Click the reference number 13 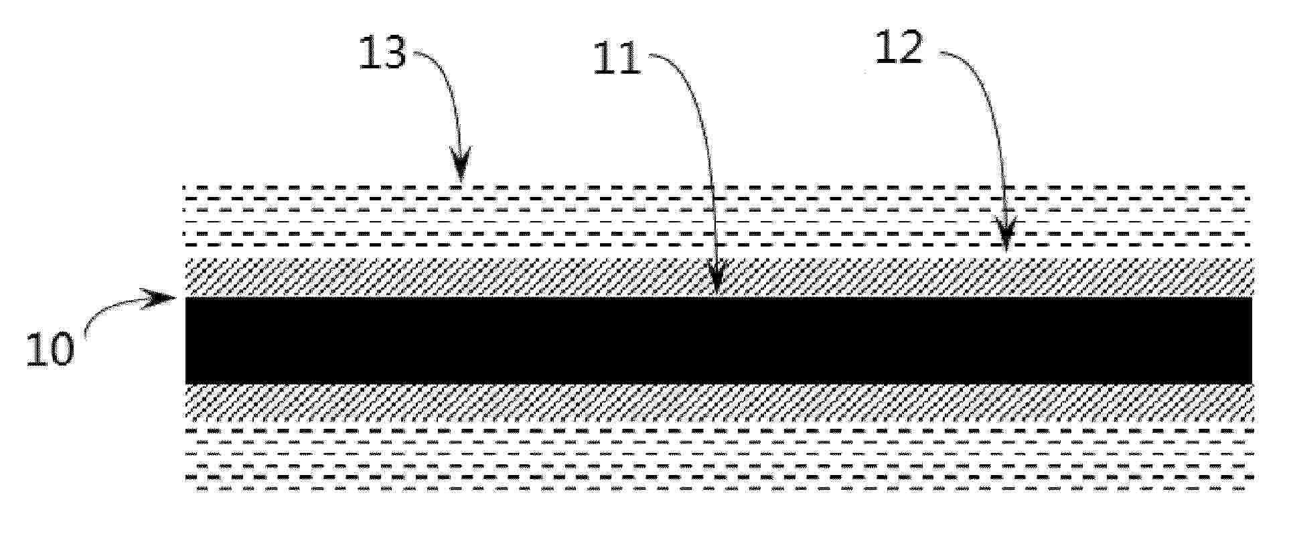coord(382,53)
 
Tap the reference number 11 coord(617,60)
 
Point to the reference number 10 coord(49,350)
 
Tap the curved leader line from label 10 coord(114,310)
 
